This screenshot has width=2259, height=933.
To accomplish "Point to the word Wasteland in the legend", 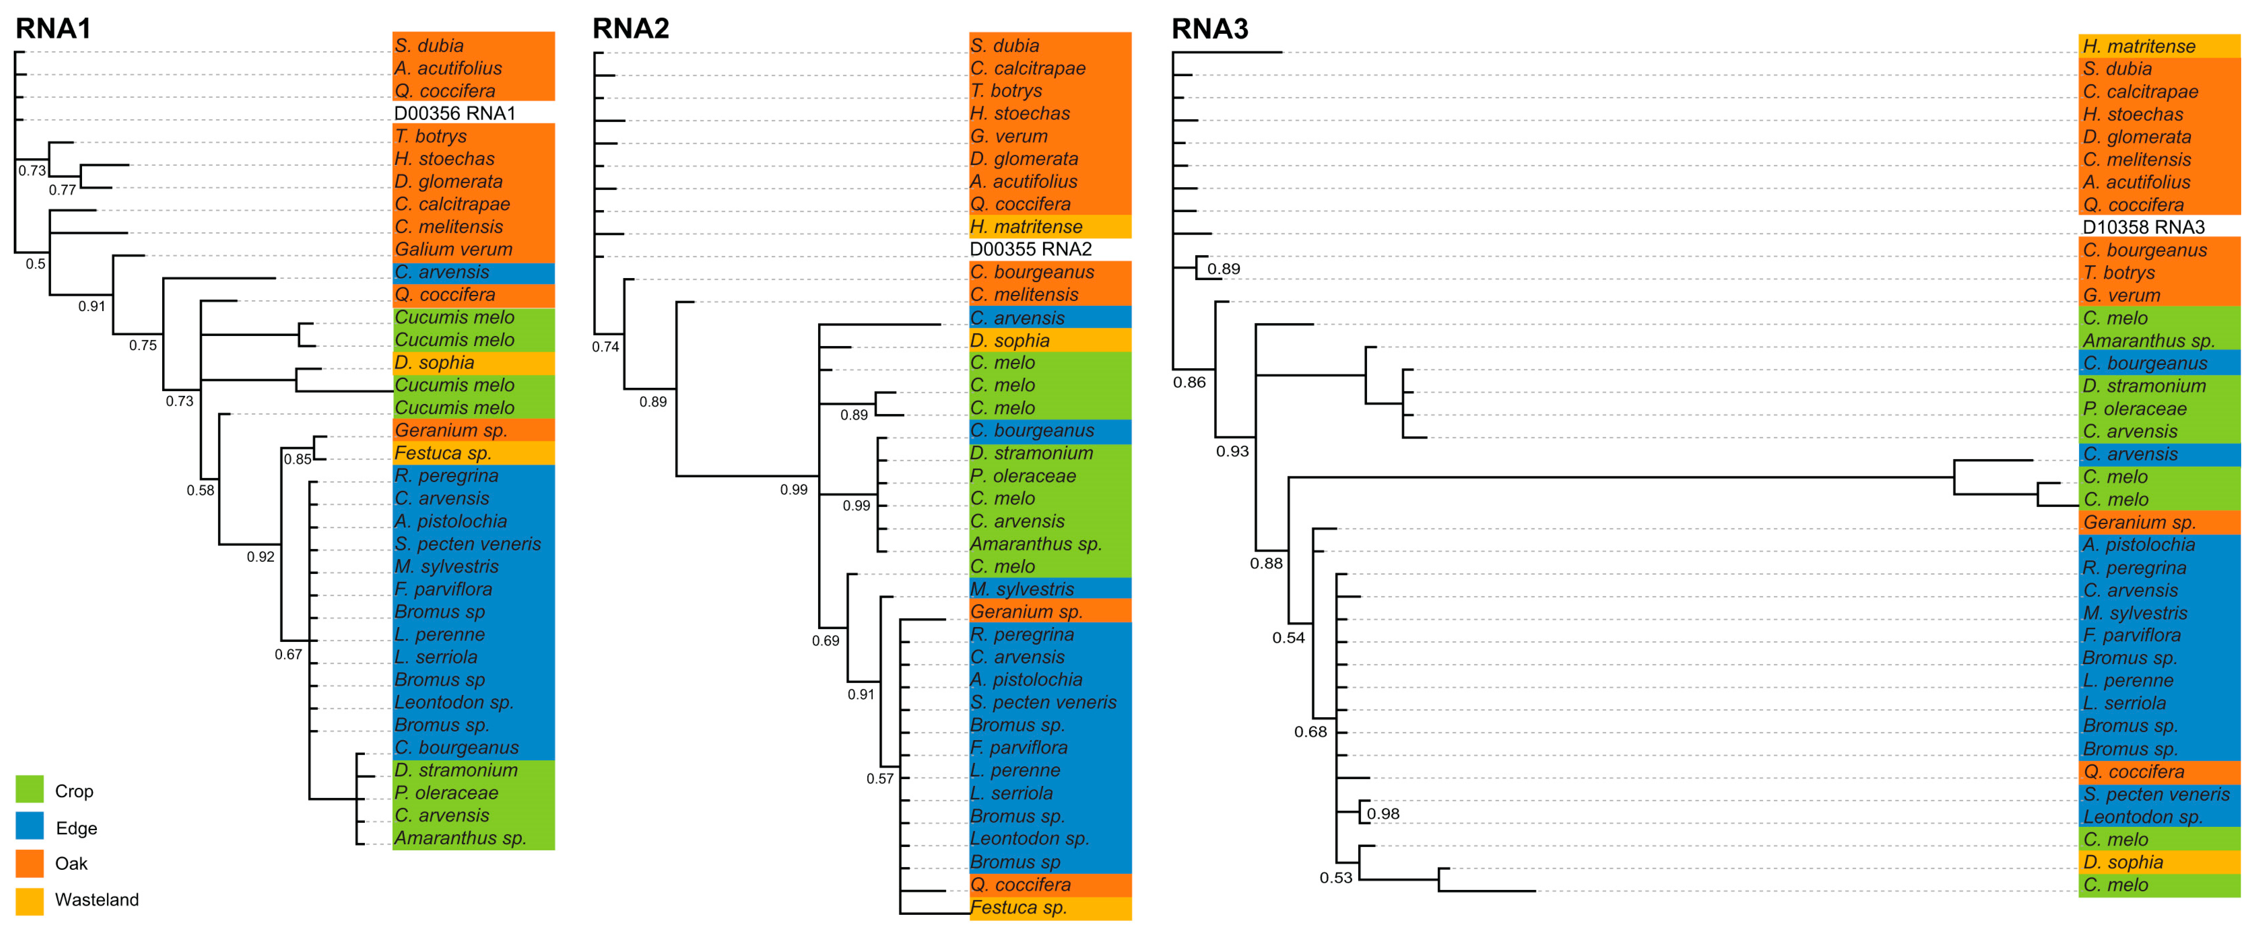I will tap(97, 900).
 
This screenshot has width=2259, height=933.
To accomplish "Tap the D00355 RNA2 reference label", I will tap(1030, 249).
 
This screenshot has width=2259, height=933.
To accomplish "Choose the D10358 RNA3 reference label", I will tap(2143, 227).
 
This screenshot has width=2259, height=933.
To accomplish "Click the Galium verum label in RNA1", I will tap(453, 249).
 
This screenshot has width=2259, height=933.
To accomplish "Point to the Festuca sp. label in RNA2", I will tap(1018, 908).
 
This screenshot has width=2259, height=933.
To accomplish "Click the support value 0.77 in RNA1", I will tap(62, 189).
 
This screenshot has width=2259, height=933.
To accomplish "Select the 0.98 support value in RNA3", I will tap(1383, 814).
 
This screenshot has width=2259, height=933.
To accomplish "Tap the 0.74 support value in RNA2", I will tap(605, 346).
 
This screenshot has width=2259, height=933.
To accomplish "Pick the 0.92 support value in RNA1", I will tap(261, 556).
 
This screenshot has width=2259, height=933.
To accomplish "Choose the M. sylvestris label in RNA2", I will tap(1021, 589).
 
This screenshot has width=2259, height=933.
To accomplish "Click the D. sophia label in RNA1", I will tap(434, 362).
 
